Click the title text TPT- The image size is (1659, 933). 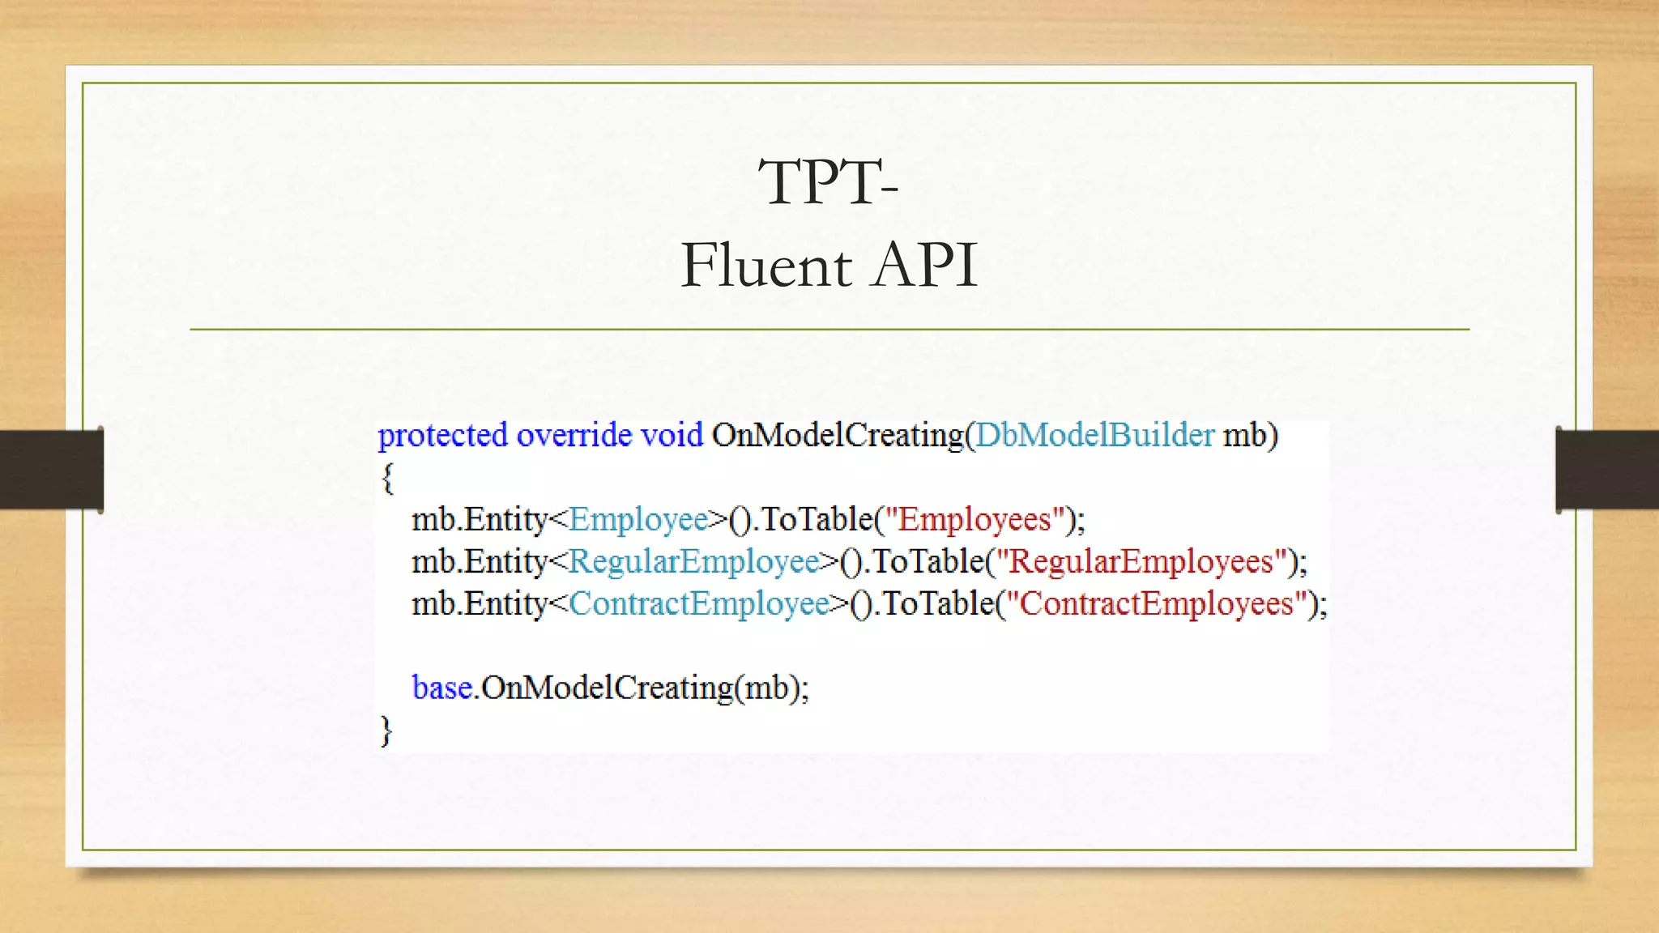(x=828, y=182)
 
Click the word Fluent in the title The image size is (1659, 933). (x=766, y=266)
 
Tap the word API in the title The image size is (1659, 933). (x=924, y=266)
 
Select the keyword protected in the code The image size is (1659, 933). (x=442, y=436)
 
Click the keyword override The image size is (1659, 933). (x=574, y=436)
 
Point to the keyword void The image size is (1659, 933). (x=672, y=436)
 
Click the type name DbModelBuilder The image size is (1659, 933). (x=1094, y=436)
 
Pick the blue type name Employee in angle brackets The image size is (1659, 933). (x=638, y=519)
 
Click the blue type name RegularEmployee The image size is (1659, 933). (x=693, y=561)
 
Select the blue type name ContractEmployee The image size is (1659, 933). (x=699, y=603)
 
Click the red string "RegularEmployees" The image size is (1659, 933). (x=1141, y=561)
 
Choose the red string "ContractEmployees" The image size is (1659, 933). (x=1156, y=603)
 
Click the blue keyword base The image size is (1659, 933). (x=442, y=688)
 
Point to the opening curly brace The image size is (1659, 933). (x=387, y=478)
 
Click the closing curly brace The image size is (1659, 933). (x=386, y=730)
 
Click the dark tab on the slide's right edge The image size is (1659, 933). (x=1607, y=470)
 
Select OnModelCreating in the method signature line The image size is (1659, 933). (x=837, y=436)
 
